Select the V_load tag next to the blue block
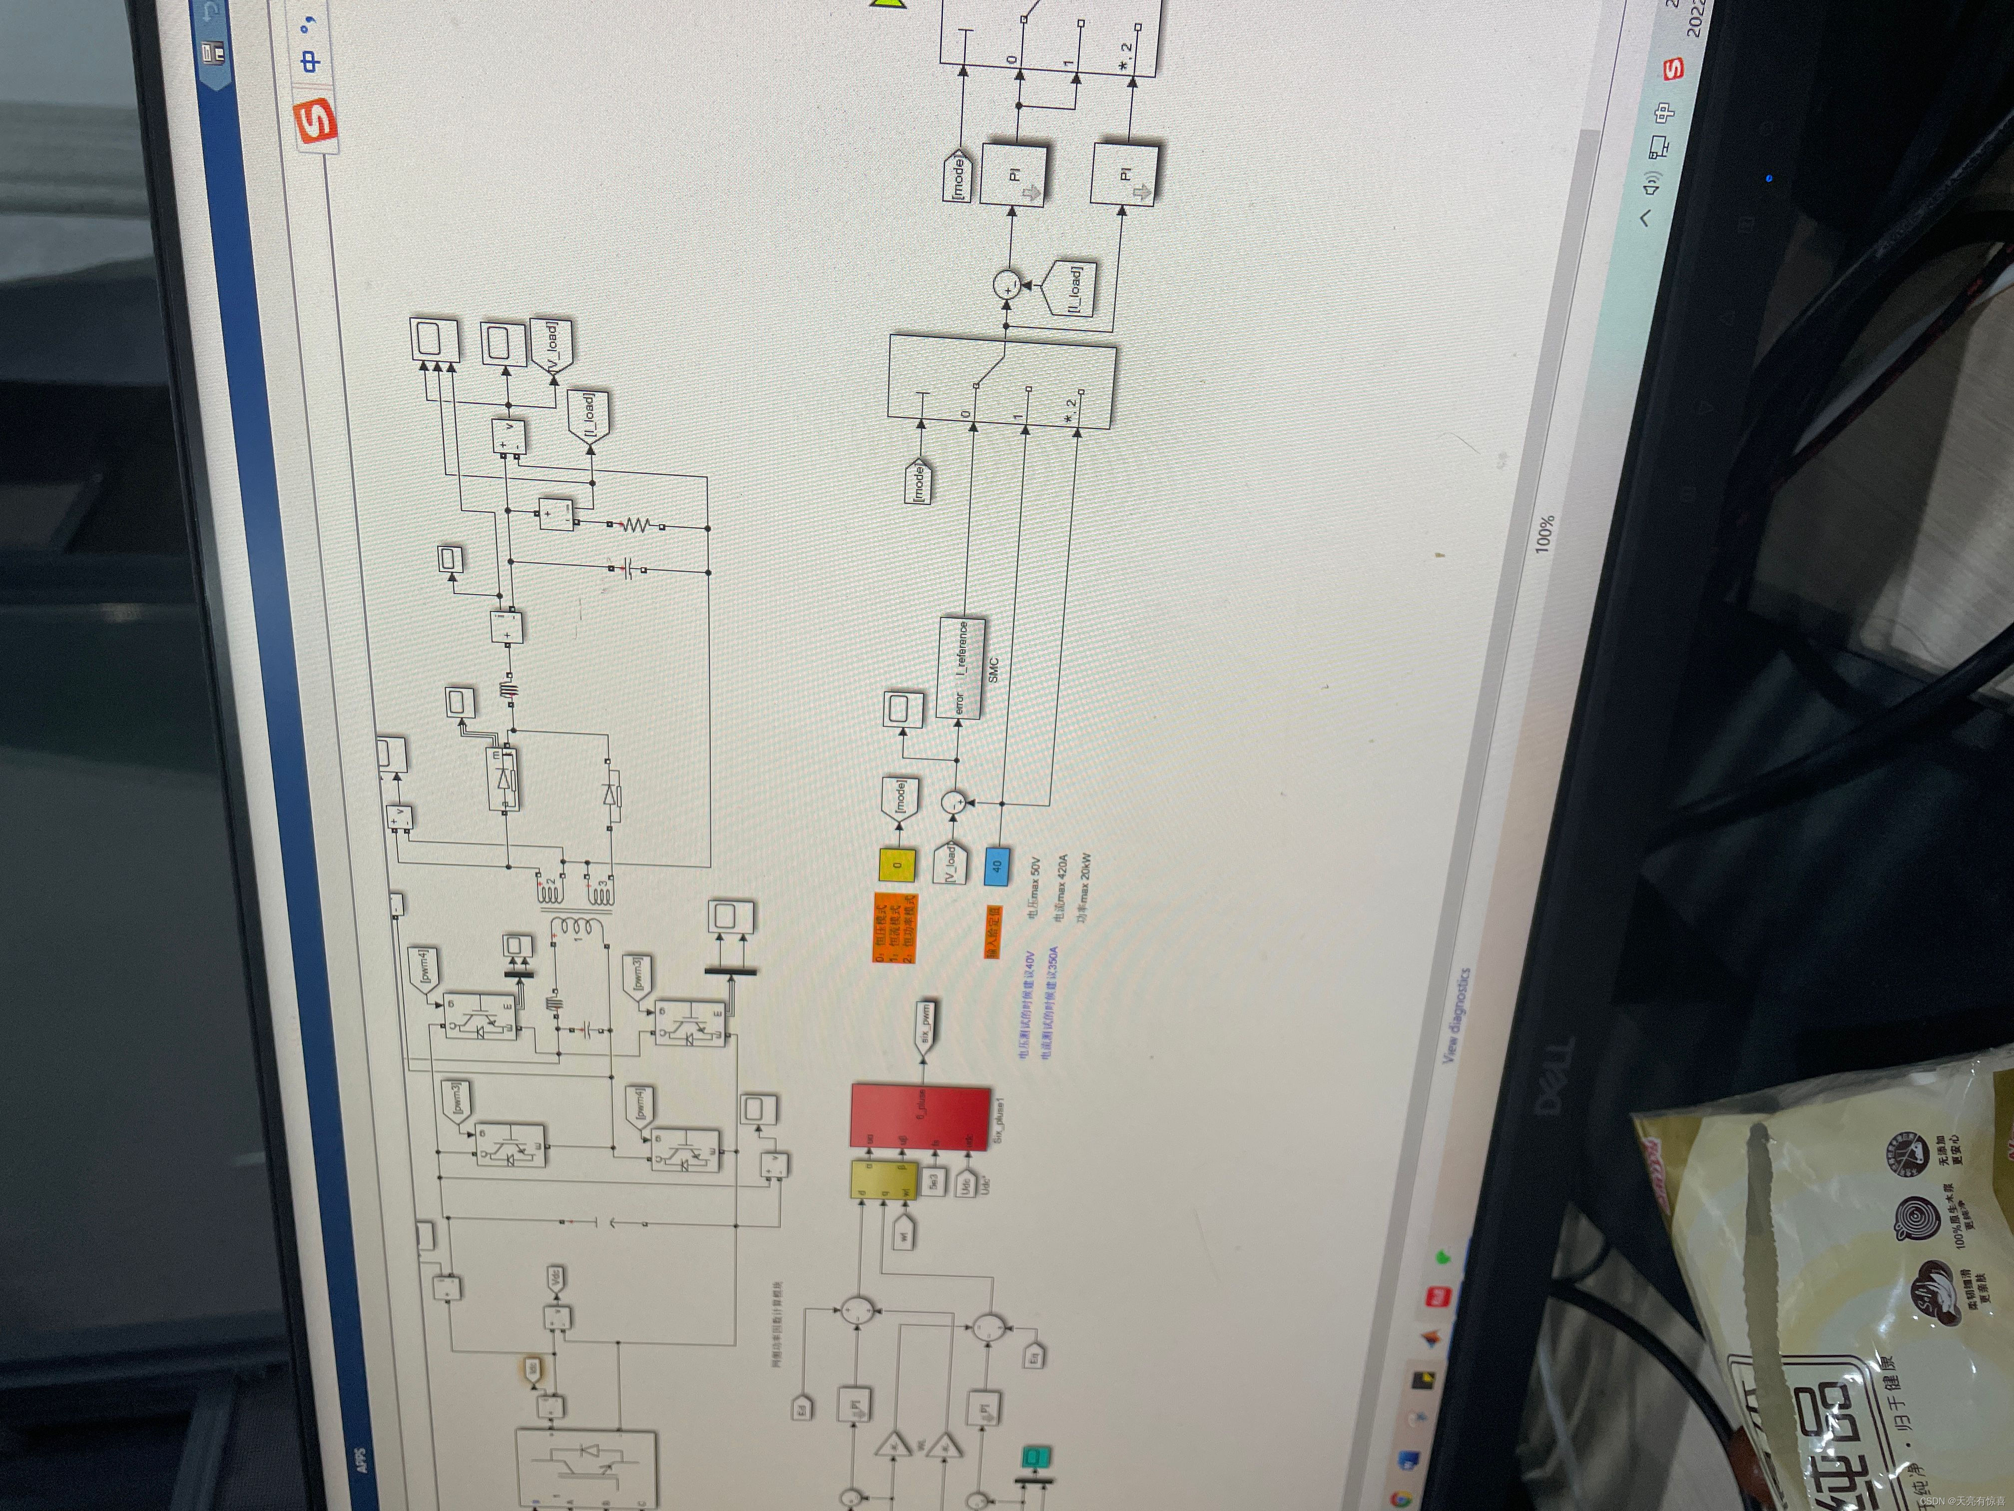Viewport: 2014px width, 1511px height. click(x=948, y=861)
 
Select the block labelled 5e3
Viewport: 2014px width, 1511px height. click(x=933, y=1181)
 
